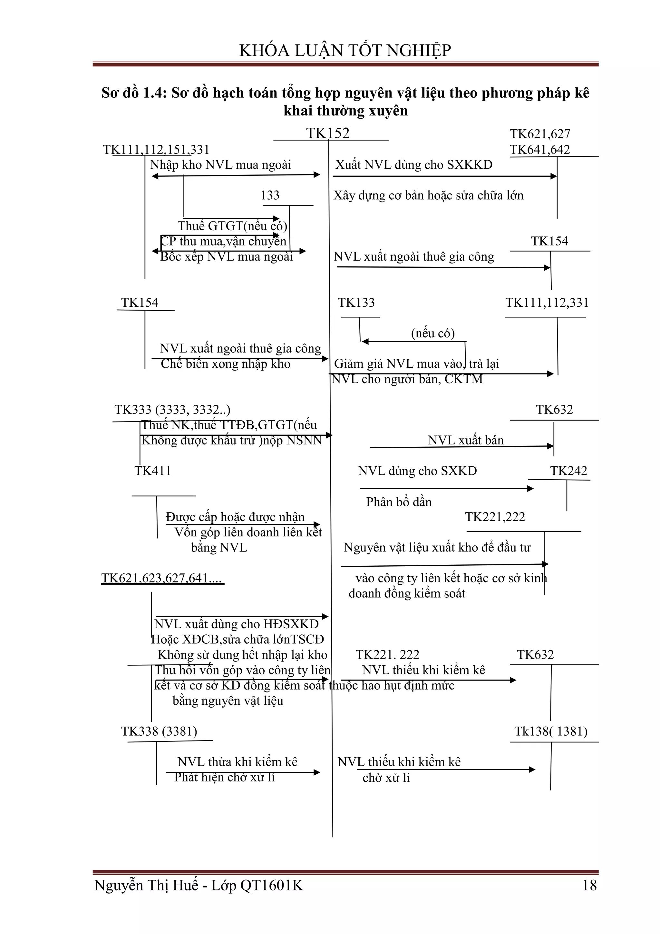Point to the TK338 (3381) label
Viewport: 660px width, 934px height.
pyautogui.click(x=159, y=731)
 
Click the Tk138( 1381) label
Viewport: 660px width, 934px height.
pyautogui.click(x=551, y=731)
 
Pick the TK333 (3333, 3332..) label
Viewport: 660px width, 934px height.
pyautogui.click(x=172, y=409)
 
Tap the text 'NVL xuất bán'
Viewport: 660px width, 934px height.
pyautogui.click(x=466, y=440)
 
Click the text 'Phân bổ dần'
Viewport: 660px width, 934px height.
pyautogui.click(x=399, y=502)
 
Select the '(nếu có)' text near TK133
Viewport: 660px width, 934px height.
pyautogui.click(x=433, y=333)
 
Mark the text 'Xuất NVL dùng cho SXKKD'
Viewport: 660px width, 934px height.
pyautogui.click(x=414, y=165)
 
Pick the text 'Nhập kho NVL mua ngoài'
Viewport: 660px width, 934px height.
pyautogui.click(x=220, y=165)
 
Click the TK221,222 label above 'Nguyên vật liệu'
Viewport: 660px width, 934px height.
pyautogui.click(x=495, y=517)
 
